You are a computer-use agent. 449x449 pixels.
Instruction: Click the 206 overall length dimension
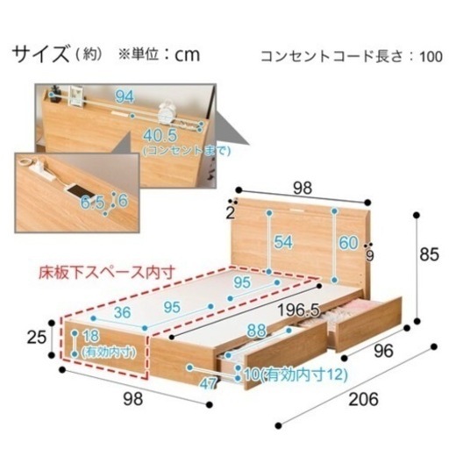point(363,399)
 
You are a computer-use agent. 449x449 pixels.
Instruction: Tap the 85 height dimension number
point(429,254)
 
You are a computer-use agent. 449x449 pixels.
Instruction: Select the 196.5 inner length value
point(298,310)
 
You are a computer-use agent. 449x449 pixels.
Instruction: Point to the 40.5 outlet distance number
point(160,135)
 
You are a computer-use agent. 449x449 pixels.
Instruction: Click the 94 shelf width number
point(125,96)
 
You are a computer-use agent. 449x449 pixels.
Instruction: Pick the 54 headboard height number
point(283,242)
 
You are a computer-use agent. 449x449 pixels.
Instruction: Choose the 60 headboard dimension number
point(348,243)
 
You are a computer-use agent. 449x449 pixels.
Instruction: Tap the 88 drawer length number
point(257,331)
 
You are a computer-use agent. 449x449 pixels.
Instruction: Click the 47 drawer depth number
point(208,384)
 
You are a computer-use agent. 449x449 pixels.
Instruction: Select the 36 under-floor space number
point(122,312)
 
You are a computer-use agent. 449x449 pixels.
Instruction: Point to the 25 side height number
point(37,338)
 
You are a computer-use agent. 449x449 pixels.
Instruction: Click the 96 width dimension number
point(383,351)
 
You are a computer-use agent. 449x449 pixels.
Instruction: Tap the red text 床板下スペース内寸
point(107,273)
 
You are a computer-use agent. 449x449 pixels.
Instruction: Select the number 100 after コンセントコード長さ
point(431,57)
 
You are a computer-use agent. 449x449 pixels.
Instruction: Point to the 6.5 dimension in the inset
point(92,203)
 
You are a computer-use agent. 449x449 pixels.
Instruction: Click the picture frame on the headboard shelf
point(76,96)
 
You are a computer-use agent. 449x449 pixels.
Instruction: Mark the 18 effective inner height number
point(90,336)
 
